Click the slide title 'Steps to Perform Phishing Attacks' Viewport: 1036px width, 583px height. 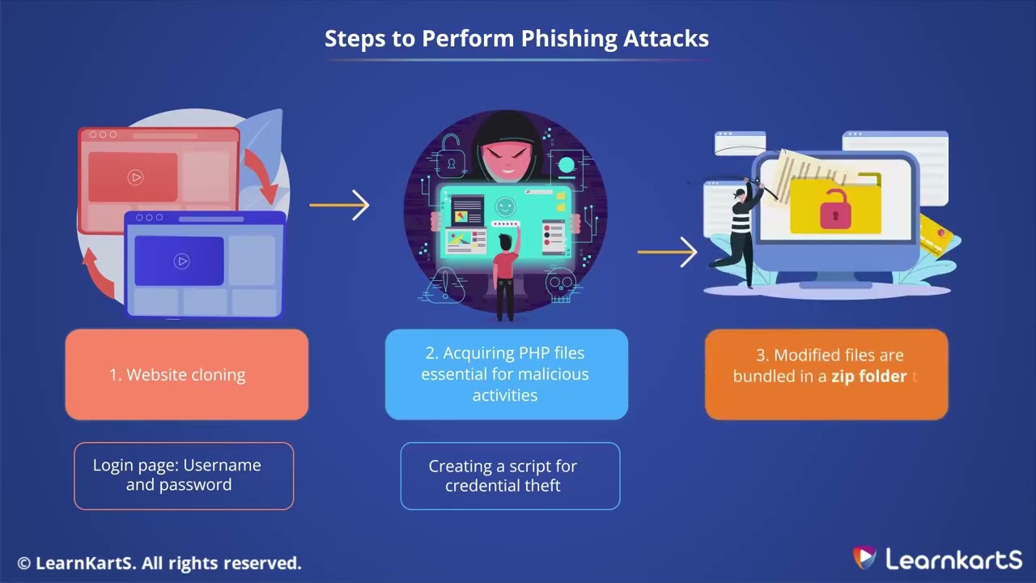click(516, 38)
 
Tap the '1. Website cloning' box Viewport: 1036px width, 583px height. click(186, 374)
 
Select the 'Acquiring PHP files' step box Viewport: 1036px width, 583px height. click(506, 374)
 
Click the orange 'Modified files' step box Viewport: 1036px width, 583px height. click(826, 374)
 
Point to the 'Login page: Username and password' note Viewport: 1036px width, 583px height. click(184, 475)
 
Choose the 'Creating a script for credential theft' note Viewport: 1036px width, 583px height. click(510, 476)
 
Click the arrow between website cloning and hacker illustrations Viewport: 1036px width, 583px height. click(340, 205)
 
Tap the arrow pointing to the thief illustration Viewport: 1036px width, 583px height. click(668, 252)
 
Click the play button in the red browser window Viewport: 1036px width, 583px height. click(135, 177)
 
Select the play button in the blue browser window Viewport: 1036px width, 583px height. click(181, 261)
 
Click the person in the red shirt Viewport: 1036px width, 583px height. click(506, 271)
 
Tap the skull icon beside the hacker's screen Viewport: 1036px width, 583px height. click(558, 284)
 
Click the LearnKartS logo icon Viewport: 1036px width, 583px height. click(864, 558)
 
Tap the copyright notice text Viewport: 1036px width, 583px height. click(159, 563)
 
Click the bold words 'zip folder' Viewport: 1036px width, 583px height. click(868, 377)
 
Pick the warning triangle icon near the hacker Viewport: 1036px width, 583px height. click(446, 284)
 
